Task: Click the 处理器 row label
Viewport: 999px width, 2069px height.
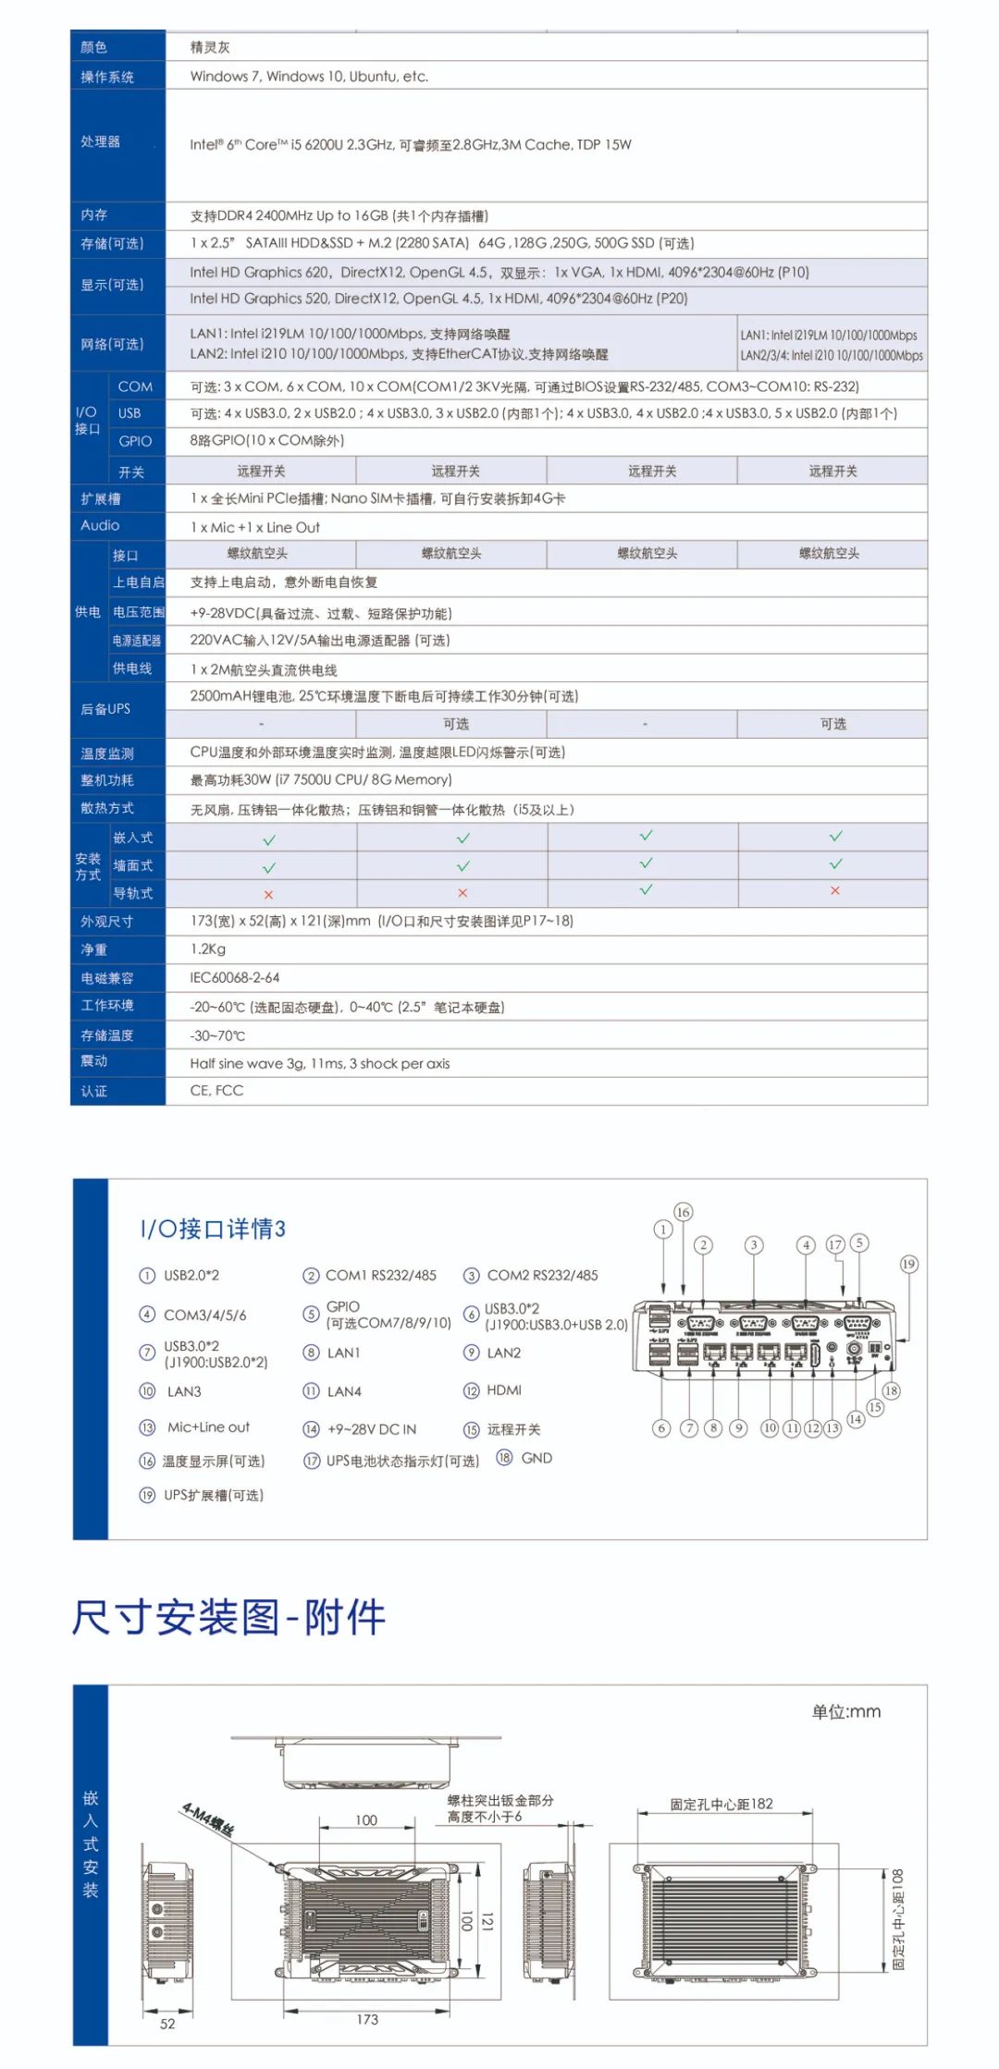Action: click(100, 141)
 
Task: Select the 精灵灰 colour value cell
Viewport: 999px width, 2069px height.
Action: click(210, 47)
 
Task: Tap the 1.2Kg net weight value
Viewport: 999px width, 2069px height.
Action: click(208, 949)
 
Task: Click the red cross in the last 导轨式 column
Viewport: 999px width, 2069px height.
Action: click(834, 890)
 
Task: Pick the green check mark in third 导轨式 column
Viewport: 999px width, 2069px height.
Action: click(646, 889)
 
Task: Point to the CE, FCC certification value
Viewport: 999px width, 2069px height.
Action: click(216, 1091)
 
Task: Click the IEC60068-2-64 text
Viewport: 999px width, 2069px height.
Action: click(235, 977)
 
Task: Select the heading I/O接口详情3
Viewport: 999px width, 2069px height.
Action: click(213, 1229)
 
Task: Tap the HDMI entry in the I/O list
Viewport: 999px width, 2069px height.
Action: click(503, 1390)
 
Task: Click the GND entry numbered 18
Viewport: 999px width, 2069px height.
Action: click(536, 1458)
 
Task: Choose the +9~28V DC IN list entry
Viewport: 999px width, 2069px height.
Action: click(372, 1429)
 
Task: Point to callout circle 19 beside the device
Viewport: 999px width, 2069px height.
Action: click(908, 1264)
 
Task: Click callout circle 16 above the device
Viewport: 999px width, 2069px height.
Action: click(683, 1212)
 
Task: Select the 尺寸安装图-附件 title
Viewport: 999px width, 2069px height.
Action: click(228, 1617)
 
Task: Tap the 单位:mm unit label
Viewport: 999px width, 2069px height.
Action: click(845, 1712)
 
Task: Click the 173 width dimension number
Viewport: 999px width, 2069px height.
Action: click(367, 2019)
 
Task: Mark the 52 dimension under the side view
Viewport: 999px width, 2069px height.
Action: click(167, 2024)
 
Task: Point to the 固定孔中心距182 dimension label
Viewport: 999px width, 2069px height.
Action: click(721, 1804)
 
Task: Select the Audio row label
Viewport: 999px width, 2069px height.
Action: click(100, 525)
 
